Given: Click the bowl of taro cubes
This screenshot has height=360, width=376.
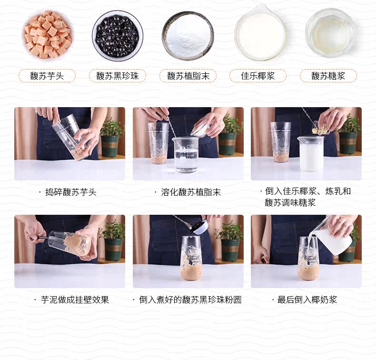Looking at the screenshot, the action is pyautogui.click(x=48, y=35).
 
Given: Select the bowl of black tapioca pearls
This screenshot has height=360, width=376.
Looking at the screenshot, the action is pyautogui.click(x=118, y=35).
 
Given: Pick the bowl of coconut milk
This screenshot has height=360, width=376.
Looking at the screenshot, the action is pyautogui.click(x=260, y=34).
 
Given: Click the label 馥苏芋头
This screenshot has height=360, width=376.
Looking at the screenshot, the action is pyautogui.click(x=47, y=76).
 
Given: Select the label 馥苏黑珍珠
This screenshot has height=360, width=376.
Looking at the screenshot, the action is pyautogui.click(x=118, y=76).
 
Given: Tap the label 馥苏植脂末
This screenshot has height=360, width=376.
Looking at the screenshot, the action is pyautogui.click(x=188, y=76).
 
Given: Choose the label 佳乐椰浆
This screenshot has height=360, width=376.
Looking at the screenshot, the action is pyautogui.click(x=258, y=76).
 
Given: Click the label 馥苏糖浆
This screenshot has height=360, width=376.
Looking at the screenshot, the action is pyautogui.click(x=328, y=76).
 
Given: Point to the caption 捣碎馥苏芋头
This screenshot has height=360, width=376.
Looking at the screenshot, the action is pyautogui.click(x=71, y=192).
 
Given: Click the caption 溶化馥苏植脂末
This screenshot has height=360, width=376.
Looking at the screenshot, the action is pyautogui.click(x=191, y=192).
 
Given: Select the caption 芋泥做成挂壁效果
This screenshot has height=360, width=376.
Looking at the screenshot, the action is pyautogui.click(x=75, y=300).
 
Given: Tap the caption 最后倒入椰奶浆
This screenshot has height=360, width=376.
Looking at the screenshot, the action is pyautogui.click(x=307, y=300).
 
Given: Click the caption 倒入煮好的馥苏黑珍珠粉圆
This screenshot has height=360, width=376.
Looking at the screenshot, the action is pyautogui.click(x=190, y=300).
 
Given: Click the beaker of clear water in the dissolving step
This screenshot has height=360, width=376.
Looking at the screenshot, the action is pyautogui.click(x=186, y=154).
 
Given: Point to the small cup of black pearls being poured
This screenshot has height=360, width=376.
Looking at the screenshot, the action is pyautogui.click(x=201, y=227).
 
